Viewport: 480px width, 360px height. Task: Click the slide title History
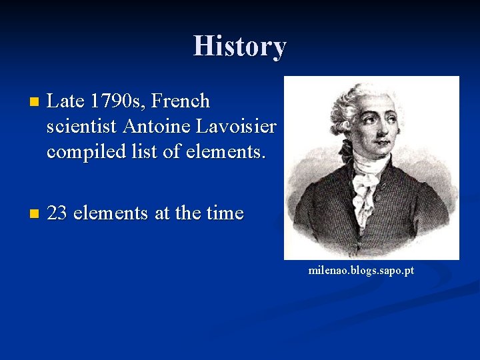239,46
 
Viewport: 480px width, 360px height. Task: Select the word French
181,101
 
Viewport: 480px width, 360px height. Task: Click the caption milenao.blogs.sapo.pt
361,270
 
